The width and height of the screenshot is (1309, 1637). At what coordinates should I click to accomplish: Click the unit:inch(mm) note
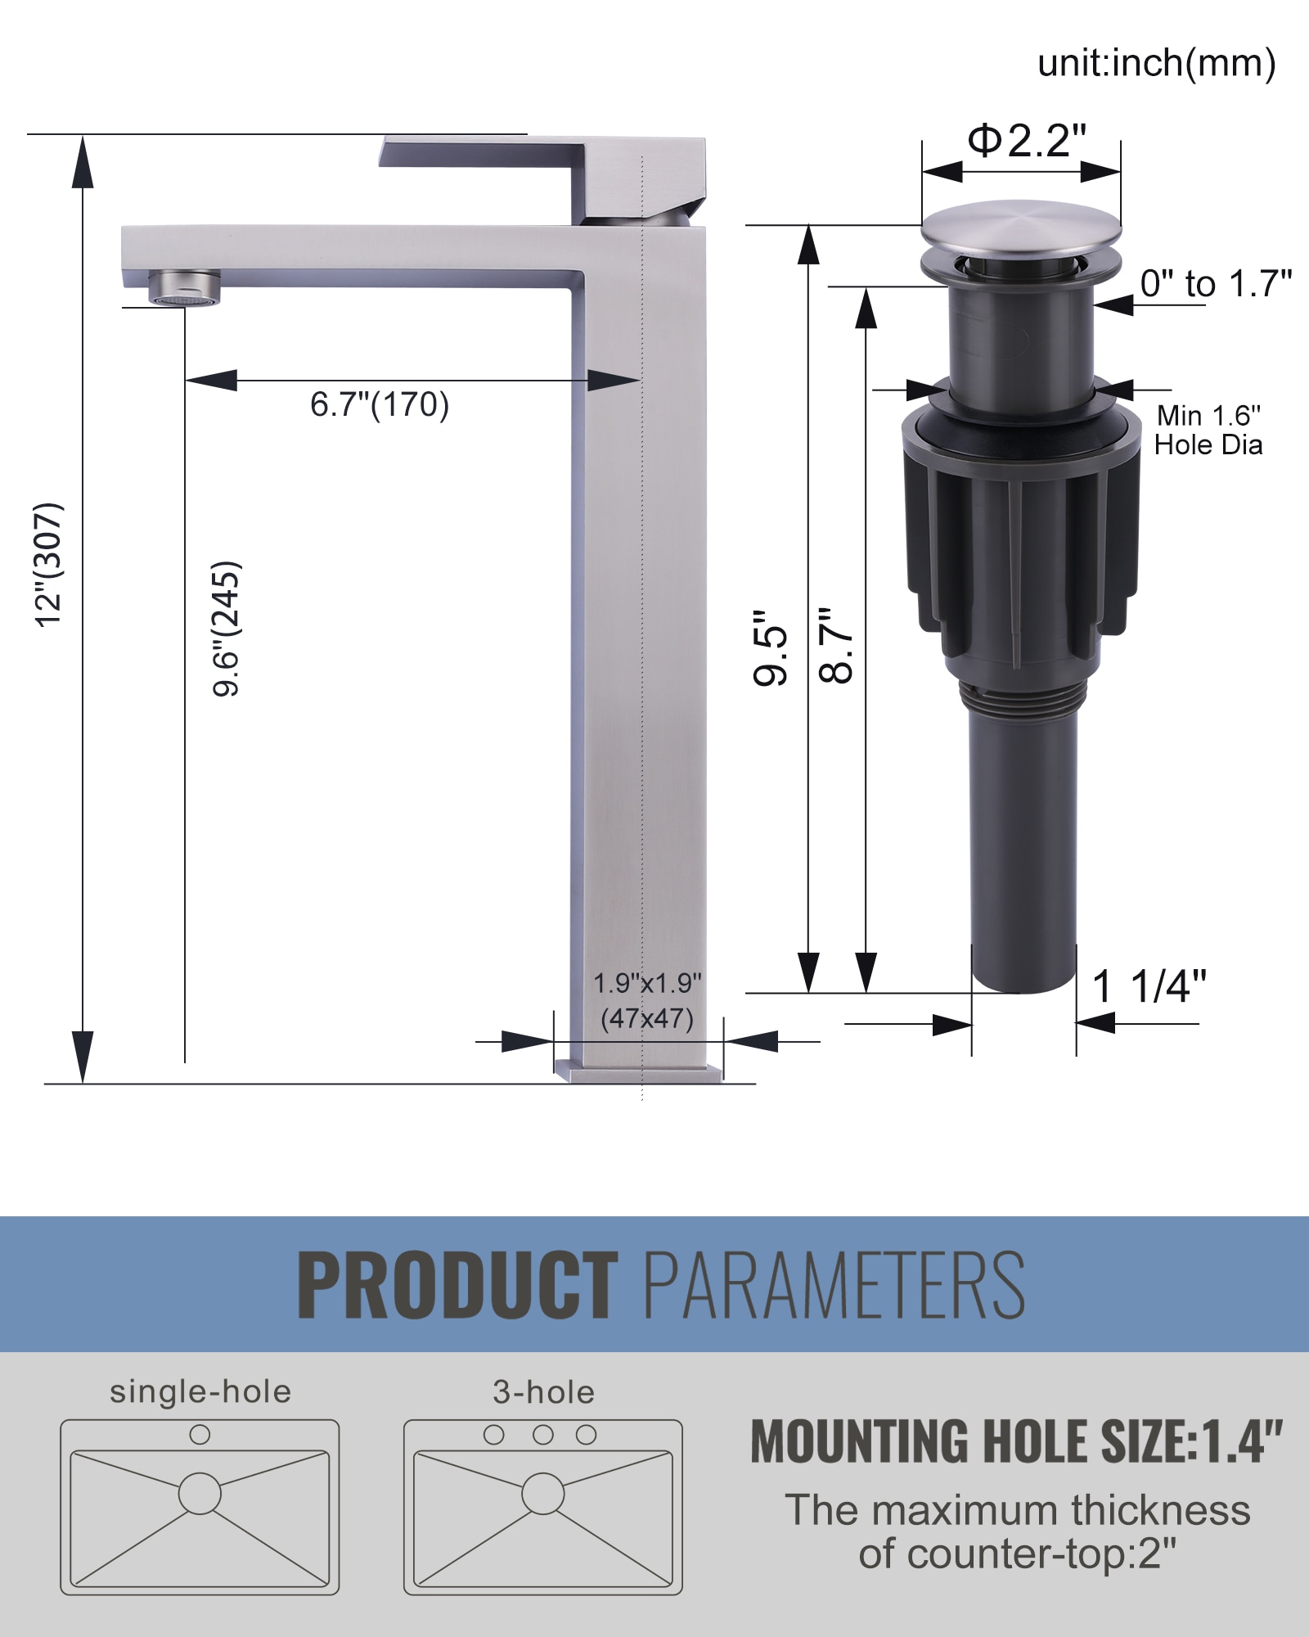(x=1156, y=63)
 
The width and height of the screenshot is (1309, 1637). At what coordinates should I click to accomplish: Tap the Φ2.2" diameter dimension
(x=1027, y=141)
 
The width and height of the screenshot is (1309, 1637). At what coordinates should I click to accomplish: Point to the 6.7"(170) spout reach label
(x=380, y=404)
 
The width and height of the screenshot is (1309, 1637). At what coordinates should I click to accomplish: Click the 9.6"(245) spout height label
(x=226, y=629)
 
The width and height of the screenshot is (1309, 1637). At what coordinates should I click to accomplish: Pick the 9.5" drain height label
(x=771, y=647)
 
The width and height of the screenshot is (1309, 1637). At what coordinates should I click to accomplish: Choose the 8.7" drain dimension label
(x=836, y=646)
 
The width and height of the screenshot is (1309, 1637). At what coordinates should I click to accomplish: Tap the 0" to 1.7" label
(x=1216, y=283)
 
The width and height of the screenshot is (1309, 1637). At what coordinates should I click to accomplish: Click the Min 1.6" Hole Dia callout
(x=1208, y=431)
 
